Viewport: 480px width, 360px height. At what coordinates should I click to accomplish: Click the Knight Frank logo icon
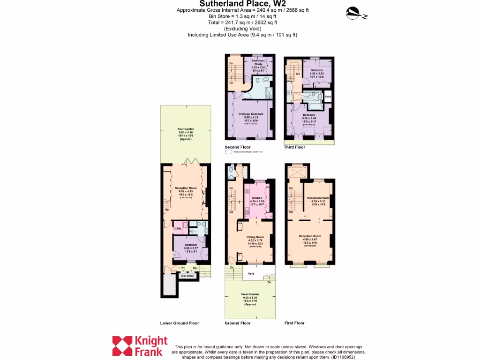[122, 346]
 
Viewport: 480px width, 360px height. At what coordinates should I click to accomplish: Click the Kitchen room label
[256, 198]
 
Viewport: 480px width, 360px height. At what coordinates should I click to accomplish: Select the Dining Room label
[255, 237]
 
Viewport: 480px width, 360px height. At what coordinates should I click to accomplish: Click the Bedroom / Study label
[258, 63]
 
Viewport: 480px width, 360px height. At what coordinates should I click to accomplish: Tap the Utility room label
[177, 228]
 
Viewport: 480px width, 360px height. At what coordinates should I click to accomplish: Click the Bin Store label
[187, 276]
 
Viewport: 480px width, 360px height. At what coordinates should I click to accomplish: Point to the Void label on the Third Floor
[328, 97]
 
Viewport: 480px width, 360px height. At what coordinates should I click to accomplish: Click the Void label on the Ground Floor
[251, 273]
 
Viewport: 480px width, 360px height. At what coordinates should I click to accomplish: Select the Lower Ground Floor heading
[180, 323]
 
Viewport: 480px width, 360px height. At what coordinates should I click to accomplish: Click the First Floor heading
[294, 323]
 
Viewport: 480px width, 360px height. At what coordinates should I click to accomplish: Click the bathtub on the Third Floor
[311, 97]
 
